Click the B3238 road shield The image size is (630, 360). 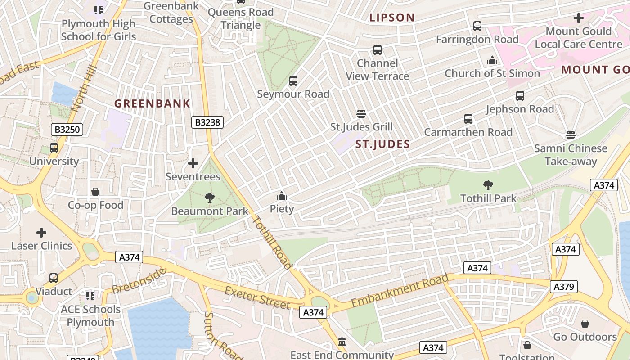(x=207, y=122)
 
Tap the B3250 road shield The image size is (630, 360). (x=67, y=130)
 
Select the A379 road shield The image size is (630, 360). (x=563, y=287)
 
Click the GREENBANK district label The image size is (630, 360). (x=152, y=103)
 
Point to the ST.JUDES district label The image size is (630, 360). (x=382, y=144)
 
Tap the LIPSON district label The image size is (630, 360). (x=392, y=18)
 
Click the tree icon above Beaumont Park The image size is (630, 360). (x=209, y=198)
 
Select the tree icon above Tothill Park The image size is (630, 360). (x=488, y=185)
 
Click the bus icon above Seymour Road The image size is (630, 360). (x=293, y=81)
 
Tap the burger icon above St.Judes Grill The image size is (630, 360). (x=361, y=113)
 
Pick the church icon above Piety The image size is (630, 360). (x=282, y=196)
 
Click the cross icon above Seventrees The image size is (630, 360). (x=193, y=163)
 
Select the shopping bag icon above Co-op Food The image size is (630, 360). (x=95, y=192)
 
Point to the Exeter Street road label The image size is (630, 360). (x=257, y=297)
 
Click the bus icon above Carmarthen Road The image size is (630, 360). (x=468, y=119)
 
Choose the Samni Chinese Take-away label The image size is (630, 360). (x=571, y=155)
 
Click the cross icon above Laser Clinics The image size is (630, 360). (x=41, y=233)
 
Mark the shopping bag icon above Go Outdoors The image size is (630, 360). (x=585, y=324)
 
